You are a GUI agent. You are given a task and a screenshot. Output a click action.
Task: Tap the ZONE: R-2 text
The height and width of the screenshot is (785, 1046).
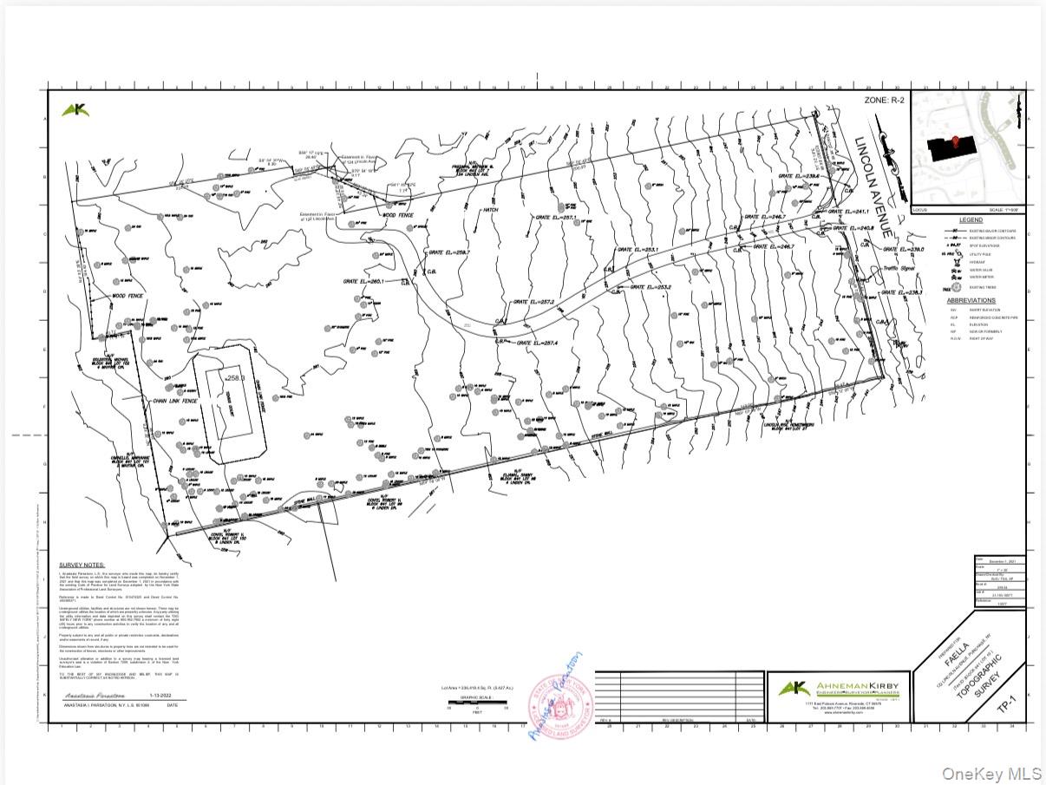pos(884,101)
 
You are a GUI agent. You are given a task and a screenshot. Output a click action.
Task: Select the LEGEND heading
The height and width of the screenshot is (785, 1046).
pos(971,220)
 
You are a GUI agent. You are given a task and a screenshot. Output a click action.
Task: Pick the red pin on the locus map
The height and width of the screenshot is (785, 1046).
pos(956,141)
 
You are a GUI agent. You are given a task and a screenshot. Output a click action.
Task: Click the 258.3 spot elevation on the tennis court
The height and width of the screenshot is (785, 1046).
pos(234,378)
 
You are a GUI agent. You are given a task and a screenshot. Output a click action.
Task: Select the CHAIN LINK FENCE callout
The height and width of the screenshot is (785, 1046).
pos(175,402)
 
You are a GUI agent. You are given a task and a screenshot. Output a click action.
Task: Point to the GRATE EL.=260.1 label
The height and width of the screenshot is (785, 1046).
pos(363,281)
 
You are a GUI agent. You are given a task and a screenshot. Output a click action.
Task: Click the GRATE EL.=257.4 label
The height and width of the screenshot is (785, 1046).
pos(538,343)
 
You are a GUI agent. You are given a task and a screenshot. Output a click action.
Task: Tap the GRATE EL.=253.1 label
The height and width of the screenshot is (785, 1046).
pos(638,250)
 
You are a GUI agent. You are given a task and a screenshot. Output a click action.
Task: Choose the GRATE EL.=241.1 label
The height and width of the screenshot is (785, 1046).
pos(849,211)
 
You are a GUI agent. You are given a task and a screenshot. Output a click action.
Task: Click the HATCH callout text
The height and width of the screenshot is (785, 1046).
pos(490,210)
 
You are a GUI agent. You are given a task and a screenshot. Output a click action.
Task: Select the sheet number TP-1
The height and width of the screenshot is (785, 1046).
pos(1006,705)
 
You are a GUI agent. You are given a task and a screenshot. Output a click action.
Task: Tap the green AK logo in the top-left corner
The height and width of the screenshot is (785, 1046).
pos(75,110)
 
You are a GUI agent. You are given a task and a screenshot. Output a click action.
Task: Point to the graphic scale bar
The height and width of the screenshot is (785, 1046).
pos(474,702)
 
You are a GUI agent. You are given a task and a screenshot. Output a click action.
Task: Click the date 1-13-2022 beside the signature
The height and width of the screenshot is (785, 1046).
pos(162,696)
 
